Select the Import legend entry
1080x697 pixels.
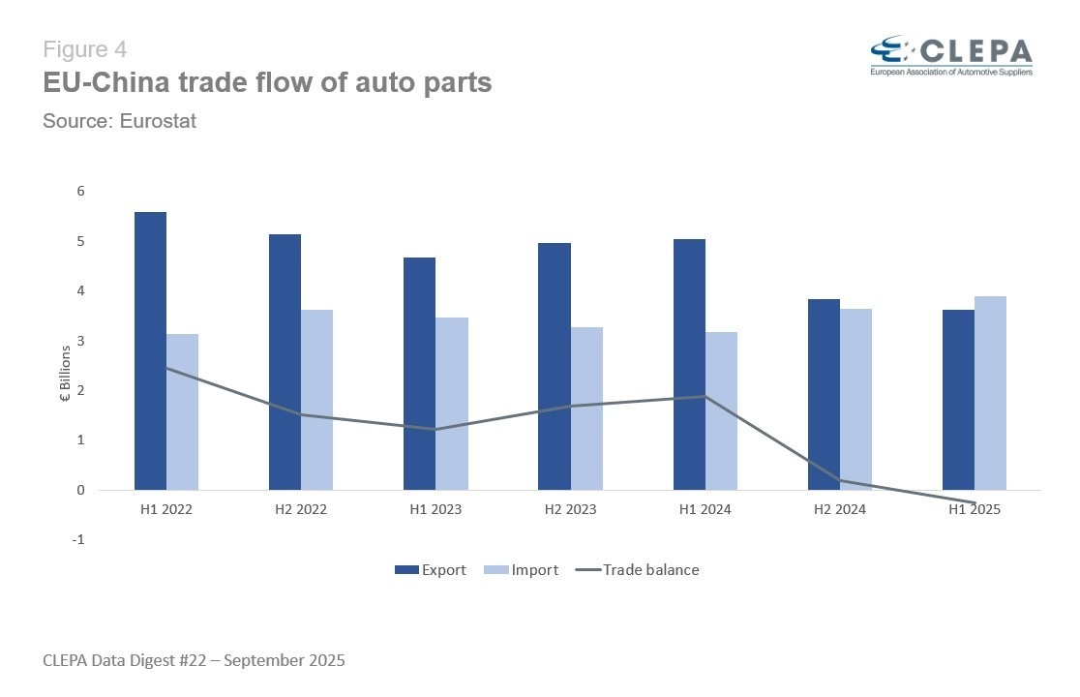click(522, 570)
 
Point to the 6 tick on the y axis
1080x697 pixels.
click(80, 192)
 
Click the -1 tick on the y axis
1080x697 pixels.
click(78, 540)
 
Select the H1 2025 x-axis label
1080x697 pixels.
click(974, 509)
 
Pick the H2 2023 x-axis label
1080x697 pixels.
click(569, 509)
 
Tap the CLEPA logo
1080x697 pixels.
click(950, 55)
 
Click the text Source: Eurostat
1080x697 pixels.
click(120, 122)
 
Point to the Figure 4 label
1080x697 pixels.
click(85, 49)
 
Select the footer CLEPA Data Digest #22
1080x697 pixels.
click(194, 661)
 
